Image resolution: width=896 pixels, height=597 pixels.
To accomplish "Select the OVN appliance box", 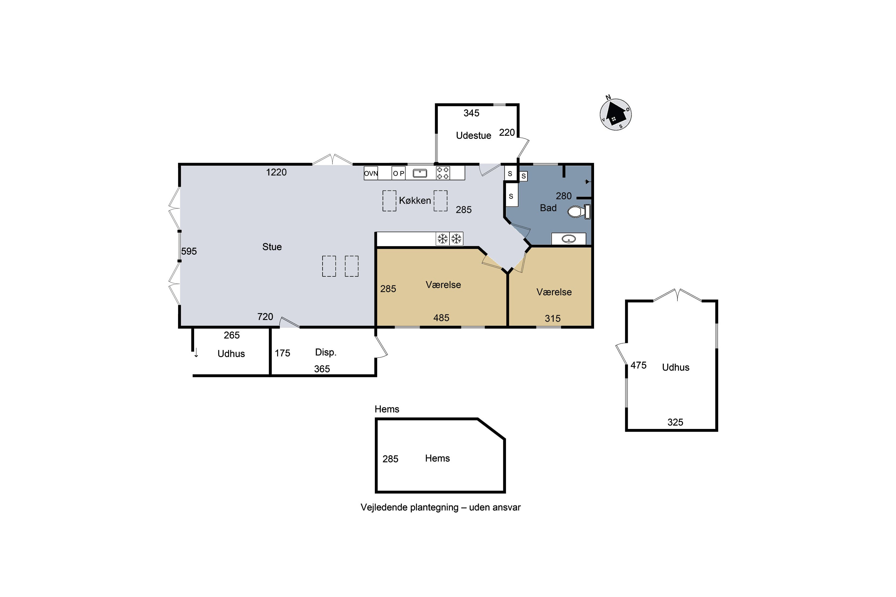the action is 371,173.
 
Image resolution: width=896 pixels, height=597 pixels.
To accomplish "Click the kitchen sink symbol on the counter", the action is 420,173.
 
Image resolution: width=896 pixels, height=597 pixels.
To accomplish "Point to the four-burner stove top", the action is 443,173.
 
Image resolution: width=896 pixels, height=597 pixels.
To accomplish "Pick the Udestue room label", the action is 473,136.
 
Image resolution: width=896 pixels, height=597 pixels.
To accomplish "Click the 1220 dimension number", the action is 276,172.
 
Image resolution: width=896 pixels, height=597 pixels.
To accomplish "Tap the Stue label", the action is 272,247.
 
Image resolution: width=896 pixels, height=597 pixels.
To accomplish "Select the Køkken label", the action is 415,200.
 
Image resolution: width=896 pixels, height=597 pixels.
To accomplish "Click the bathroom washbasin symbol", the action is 569,239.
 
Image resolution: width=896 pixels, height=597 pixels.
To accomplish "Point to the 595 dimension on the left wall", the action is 189,251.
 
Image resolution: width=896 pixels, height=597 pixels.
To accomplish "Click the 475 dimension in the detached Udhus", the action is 639,365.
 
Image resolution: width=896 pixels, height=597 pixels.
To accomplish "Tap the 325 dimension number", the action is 675,422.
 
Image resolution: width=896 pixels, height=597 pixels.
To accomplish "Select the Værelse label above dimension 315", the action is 554,292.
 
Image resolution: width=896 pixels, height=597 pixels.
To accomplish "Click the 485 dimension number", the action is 441,318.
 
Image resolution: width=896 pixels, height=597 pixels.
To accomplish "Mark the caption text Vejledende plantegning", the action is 409,507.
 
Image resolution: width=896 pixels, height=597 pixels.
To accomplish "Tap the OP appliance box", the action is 398,173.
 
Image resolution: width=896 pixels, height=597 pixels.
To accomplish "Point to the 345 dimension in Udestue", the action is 471,113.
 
